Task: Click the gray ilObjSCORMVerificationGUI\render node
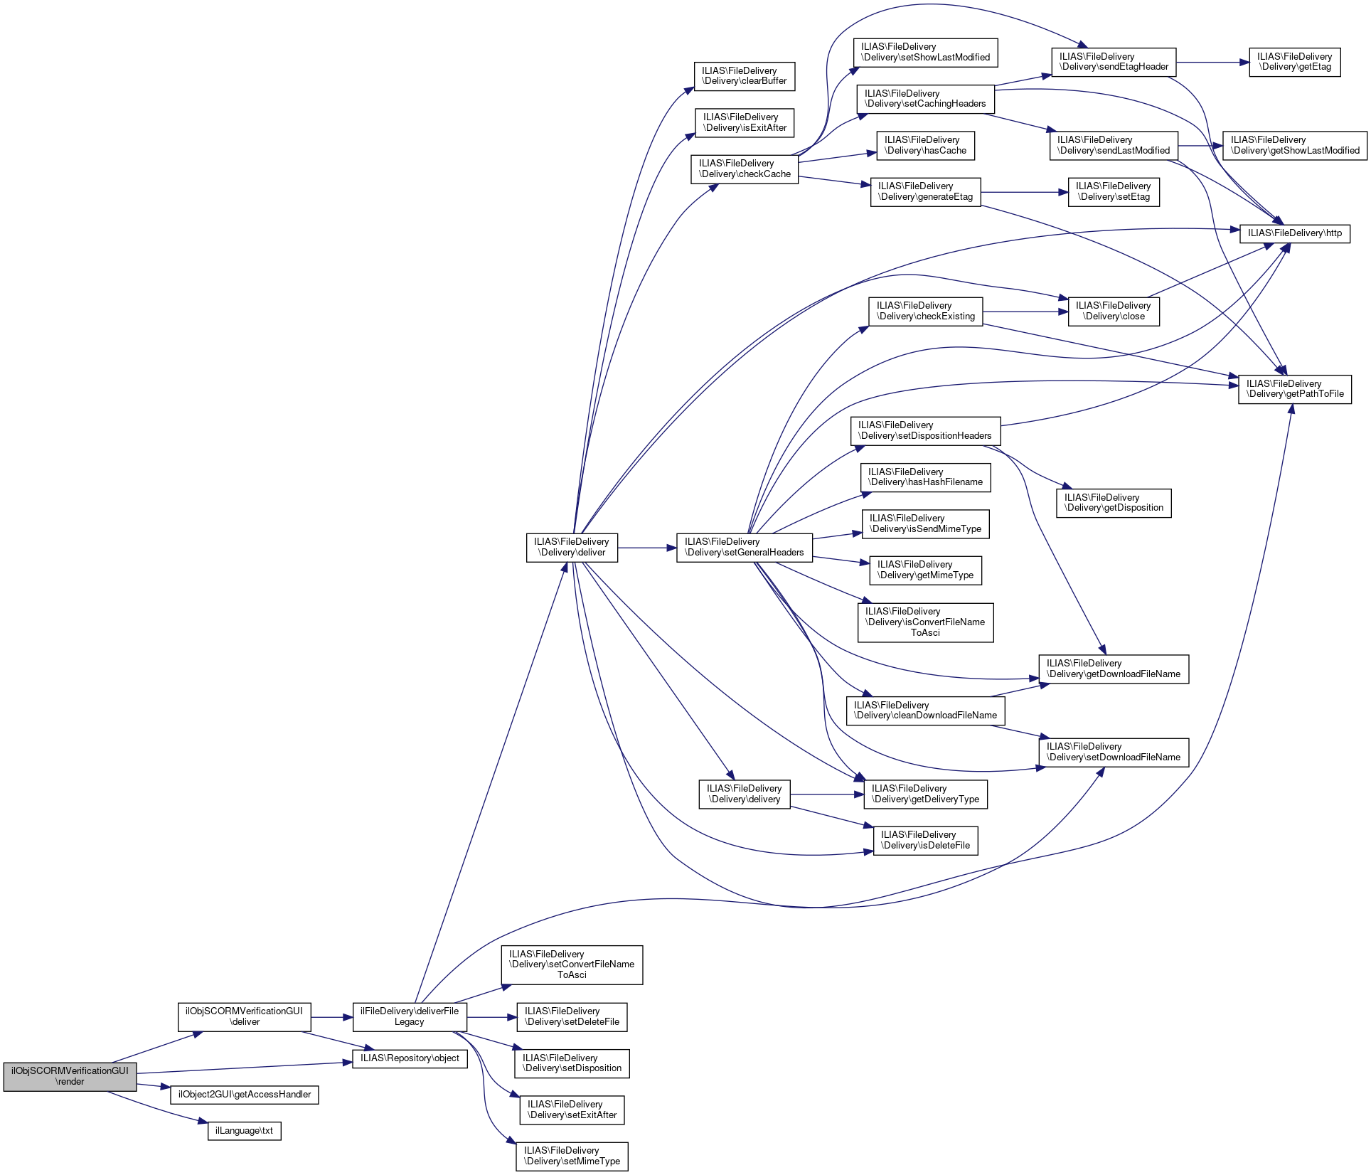(70, 1077)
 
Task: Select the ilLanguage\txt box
(245, 1131)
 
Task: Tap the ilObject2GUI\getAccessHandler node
(245, 1095)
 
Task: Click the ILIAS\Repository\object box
(410, 1058)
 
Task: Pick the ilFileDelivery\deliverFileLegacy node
(410, 1017)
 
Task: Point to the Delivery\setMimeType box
(572, 1157)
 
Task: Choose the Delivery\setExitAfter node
(572, 1110)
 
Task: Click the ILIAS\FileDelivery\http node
(1295, 233)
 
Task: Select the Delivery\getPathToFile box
(1295, 389)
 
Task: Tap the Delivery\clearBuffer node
(745, 76)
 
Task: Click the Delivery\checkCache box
(745, 169)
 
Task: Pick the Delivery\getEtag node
(1295, 62)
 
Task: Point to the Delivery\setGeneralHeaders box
(745, 548)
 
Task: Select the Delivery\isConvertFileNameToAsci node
(926, 622)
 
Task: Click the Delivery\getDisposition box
(1114, 503)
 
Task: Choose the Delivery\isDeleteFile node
(926, 841)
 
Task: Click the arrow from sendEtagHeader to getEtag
(1212, 63)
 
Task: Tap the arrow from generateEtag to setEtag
(1025, 192)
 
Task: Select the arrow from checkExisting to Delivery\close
(1025, 312)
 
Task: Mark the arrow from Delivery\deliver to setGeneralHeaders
(647, 548)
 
